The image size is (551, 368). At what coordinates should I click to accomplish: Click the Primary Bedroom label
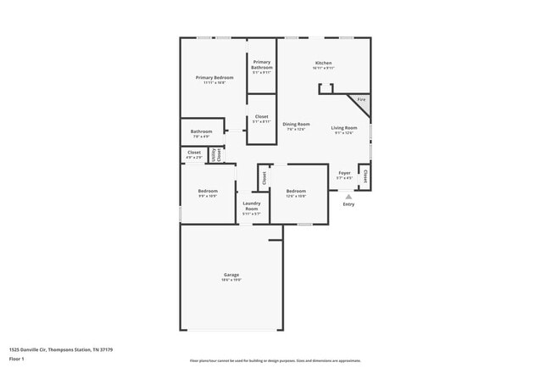coord(214,77)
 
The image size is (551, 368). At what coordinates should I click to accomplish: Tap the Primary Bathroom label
coord(261,64)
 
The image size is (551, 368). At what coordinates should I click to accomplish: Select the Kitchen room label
coord(323,63)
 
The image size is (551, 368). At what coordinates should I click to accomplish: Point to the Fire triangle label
coord(360,100)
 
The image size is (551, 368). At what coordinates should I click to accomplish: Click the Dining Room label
coord(296,125)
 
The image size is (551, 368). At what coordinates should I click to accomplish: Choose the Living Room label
coord(344,128)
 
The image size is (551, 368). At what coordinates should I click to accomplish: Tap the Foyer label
coord(344,173)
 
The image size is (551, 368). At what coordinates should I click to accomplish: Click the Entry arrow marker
coord(348,196)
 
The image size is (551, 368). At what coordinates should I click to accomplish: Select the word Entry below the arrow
coord(348,204)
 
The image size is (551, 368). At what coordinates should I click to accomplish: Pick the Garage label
coord(231,274)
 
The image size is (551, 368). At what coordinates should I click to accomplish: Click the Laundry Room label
coord(252,205)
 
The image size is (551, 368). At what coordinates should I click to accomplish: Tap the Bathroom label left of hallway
coord(201,131)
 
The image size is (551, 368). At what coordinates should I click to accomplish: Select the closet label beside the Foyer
coord(365,176)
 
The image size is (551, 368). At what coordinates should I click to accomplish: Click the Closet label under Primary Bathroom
coord(261,117)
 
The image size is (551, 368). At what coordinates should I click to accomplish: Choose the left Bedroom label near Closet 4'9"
coord(208,191)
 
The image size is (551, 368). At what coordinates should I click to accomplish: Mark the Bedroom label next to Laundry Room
coord(295,191)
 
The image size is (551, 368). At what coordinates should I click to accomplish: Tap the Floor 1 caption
coord(17,359)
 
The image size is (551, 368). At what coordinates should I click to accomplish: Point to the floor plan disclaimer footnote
coord(274,361)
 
